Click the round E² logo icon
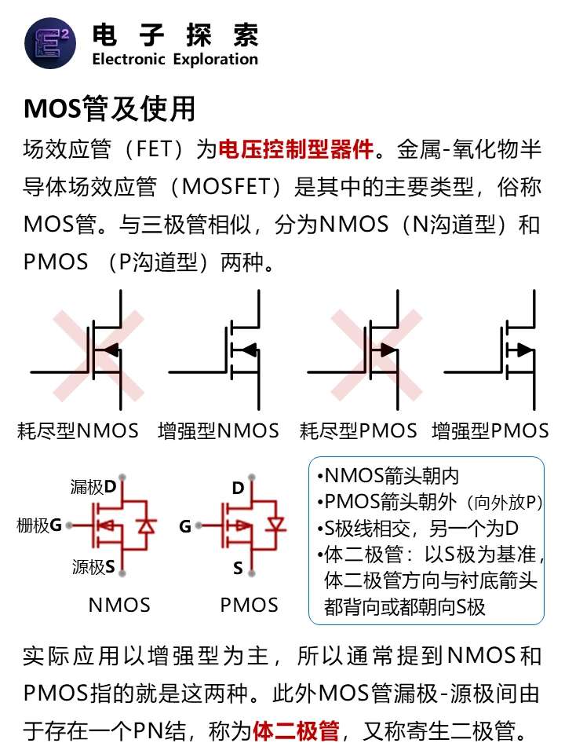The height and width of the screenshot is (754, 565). coord(50,43)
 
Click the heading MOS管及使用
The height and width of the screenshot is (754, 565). coord(110,108)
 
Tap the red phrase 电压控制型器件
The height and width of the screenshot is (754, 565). coord(296,149)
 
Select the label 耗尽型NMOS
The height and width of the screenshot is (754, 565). coord(78,430)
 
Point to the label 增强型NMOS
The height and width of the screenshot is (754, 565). coord(219,430)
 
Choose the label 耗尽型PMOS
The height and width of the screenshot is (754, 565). coord(358,430)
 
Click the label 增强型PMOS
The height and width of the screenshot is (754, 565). coord(490,430)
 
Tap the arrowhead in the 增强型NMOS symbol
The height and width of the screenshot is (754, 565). coord(248,350)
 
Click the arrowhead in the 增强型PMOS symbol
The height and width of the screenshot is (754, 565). coord(525,350)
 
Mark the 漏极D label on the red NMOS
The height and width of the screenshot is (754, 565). coord(93,487)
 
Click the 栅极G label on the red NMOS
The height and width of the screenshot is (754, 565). coord(39,525)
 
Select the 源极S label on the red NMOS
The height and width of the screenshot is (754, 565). coord(93,567)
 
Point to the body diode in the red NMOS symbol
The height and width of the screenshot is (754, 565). coord(146,525)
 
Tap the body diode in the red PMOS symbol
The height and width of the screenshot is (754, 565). coord(276,523)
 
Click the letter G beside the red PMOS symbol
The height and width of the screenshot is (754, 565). coord(185,526)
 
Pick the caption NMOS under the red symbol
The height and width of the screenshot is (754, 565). coord(119,605)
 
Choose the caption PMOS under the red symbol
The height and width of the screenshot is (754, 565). coord(249,605)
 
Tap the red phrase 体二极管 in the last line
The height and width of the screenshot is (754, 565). coord(296,731)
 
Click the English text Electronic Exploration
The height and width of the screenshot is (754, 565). coord(175,59)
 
